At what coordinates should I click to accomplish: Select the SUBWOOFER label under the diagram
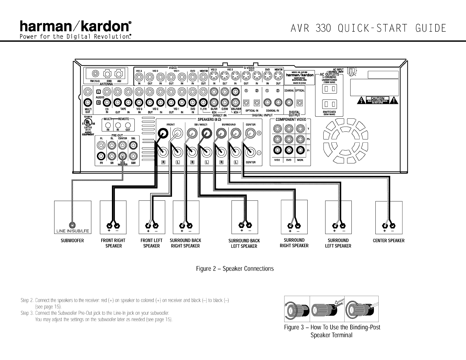(72, 241)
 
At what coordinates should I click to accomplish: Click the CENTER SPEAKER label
(388, 241)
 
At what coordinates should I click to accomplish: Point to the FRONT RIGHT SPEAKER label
(113, 243)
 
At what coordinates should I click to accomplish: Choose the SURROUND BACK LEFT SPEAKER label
(244, 243)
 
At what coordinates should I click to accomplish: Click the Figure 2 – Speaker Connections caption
(235, 269)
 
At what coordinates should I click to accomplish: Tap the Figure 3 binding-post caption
(332, 331)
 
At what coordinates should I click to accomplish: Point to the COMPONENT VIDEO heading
(290, 120)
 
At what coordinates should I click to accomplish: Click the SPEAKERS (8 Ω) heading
(209, 120)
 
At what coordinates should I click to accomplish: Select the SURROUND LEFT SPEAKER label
(338, 243)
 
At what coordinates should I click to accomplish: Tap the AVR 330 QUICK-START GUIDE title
(368, 29)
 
